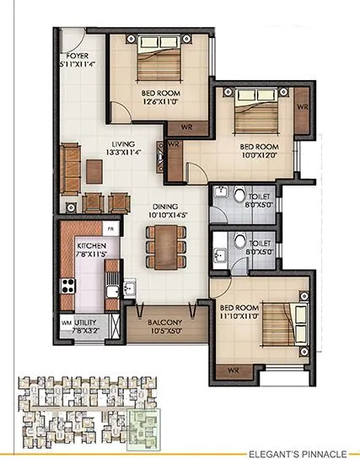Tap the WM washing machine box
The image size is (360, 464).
[66, 322]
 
